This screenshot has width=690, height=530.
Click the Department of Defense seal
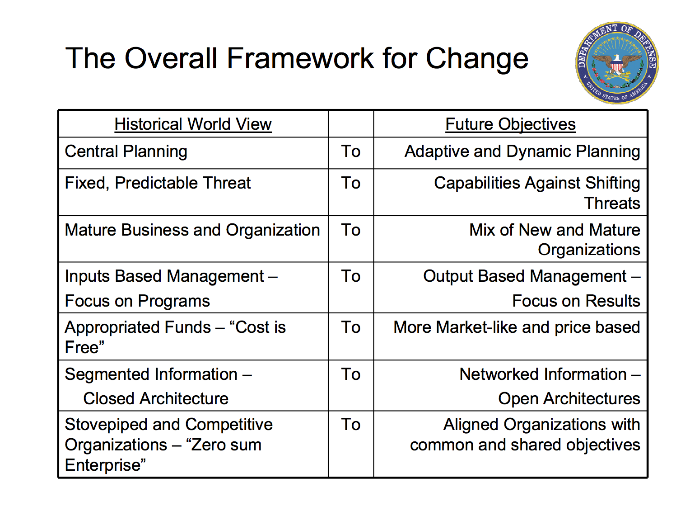click(617, 63)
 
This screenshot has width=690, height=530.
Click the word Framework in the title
click(300, 58)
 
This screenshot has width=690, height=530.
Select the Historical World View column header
click(193, 124)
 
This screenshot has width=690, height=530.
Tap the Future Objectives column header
click(510, 124)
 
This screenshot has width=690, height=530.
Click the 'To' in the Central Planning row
click(350, 151)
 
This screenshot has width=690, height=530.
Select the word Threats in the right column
click(612, 203)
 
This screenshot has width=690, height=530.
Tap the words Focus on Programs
click(137, 301)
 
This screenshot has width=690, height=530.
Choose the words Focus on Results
click(576, 301)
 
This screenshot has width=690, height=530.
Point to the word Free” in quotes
click(84, 347)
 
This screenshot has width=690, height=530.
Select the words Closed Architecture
click(156, 399)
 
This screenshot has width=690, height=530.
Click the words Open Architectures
click(569, 399)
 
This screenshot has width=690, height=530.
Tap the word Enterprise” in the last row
click(105, 465)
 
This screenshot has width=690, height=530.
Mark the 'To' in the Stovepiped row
click(350, 425)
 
